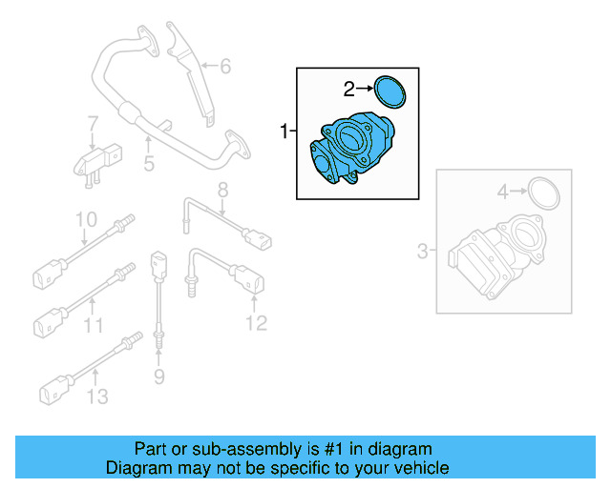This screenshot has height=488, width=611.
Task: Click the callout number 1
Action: [x=284, y=132]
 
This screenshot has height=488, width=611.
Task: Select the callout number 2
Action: [x=349, y=90]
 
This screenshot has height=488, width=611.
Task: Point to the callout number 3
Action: [x=423, y=252]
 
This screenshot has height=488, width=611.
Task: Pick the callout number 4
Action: [x=502, y=193]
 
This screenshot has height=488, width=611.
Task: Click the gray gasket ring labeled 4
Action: [x=544, y=193]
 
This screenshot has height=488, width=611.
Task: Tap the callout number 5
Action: [x=149, y=165]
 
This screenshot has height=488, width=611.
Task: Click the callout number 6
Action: [x=225, y=67]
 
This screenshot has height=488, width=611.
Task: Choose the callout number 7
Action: [x=93, y=125]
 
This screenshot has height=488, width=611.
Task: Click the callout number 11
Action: [x=92, y=326]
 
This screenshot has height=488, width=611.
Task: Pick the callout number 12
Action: [x=255, y=324]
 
